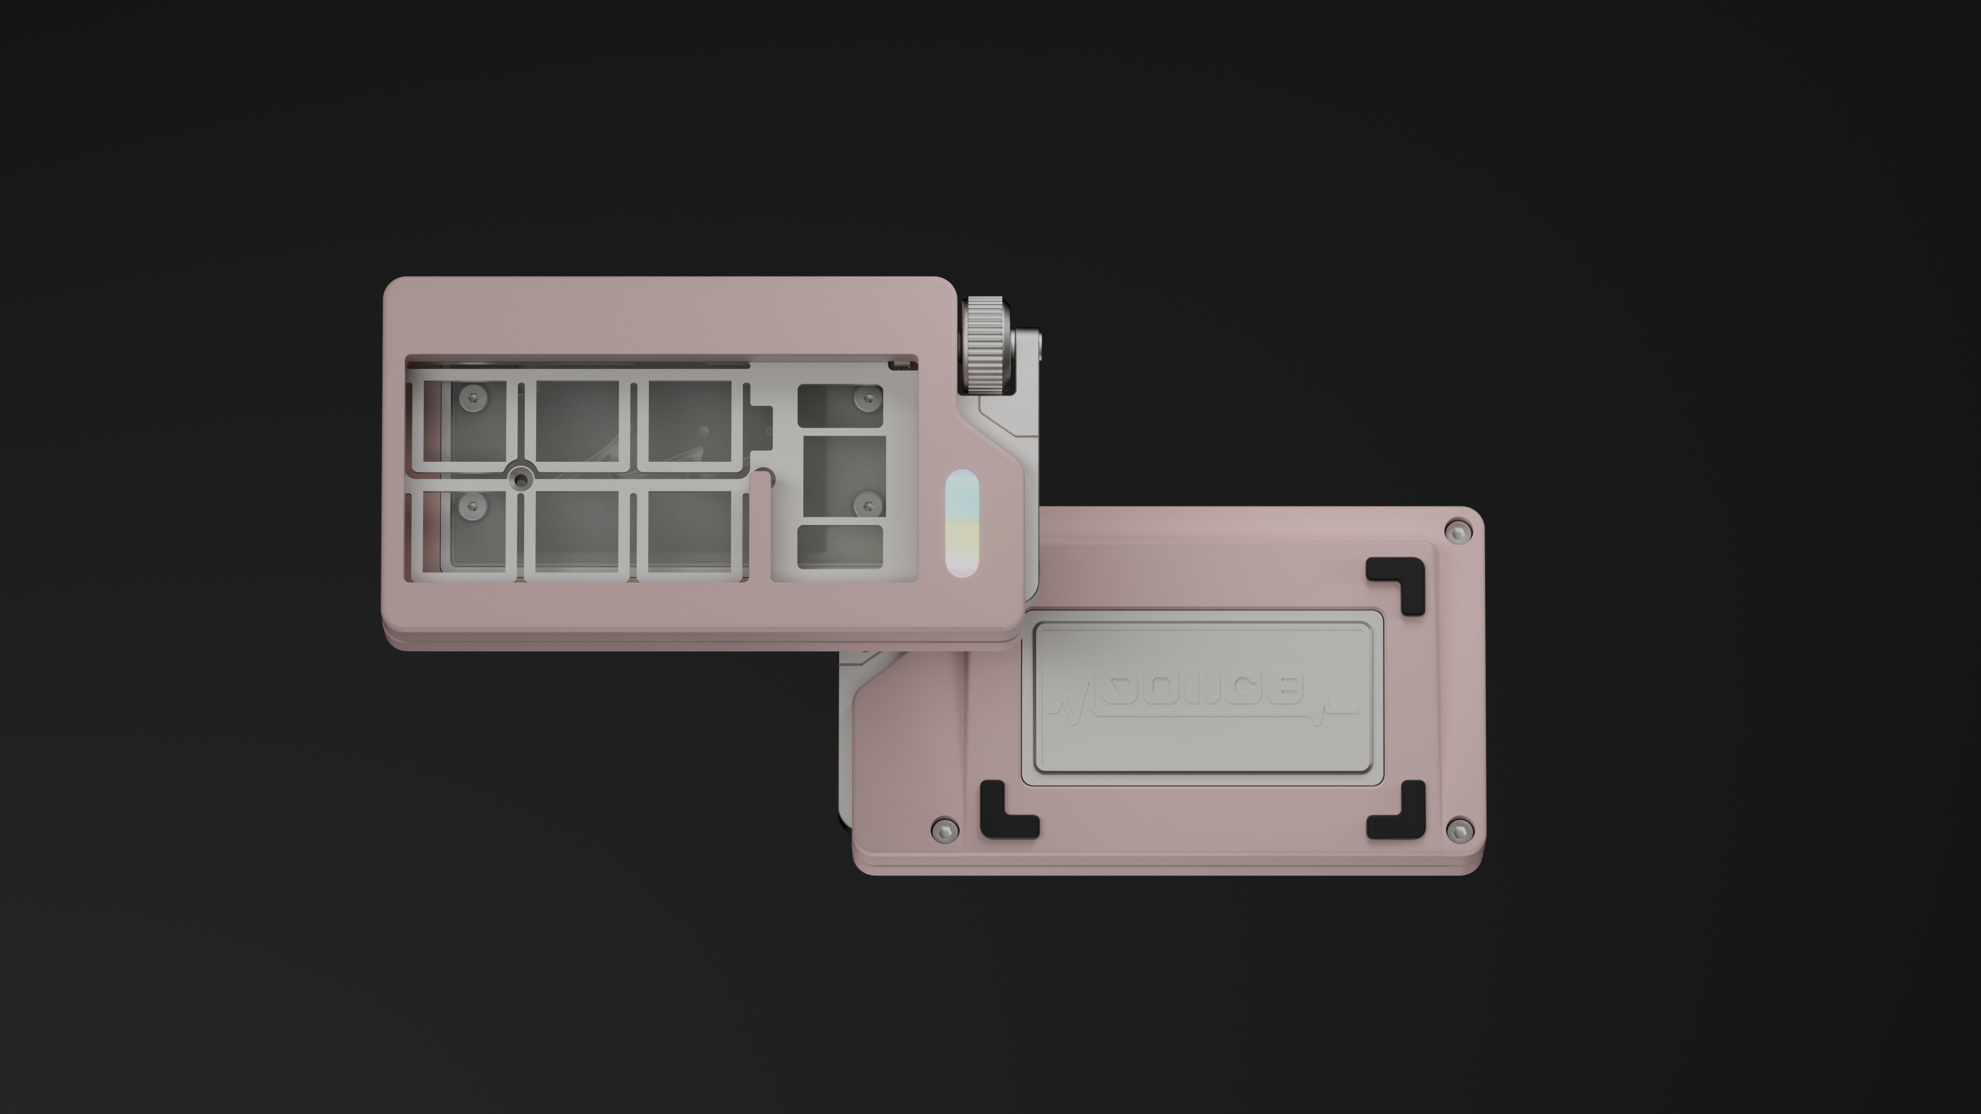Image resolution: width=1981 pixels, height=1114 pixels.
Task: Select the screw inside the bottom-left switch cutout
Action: [x=468, y=504]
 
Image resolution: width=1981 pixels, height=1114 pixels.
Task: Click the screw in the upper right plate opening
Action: [x=868, y=398]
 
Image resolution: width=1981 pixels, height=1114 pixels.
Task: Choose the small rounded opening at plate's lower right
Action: [x=840, y=547]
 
